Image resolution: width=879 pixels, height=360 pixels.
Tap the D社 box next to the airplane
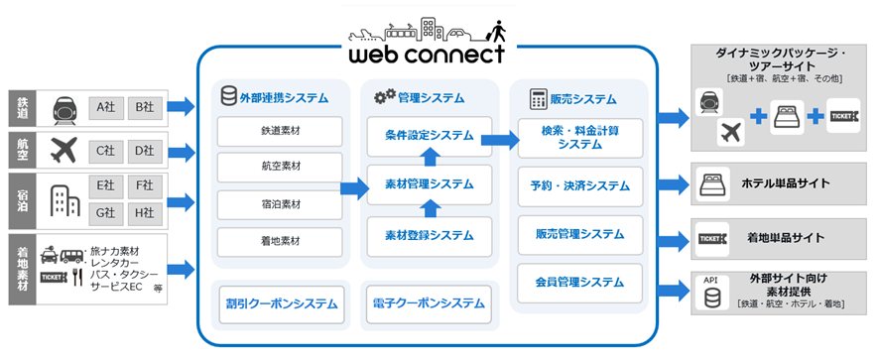click(x=145, y=151)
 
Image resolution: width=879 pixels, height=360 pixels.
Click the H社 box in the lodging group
click(x=145, y=211)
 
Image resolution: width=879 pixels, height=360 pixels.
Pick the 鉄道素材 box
click(x=279, y=131)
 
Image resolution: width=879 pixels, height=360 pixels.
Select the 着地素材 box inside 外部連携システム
click(x=279, y=241)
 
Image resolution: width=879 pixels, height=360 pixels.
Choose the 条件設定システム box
click(x=430, y=134)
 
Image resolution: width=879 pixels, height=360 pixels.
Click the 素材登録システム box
click(x=430, y=235)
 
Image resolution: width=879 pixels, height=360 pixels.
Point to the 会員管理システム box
click(x=580, y=283)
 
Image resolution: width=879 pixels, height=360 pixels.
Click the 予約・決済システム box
click(x=580, y=185)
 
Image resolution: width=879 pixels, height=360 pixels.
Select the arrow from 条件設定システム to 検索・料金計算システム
click(x=500, y=138)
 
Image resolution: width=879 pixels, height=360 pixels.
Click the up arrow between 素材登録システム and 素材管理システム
click(x=430, y=208)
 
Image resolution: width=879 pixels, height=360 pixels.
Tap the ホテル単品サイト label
click(x=785, y=183)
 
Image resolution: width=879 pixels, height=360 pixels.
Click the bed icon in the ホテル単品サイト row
click(x=712, y=183)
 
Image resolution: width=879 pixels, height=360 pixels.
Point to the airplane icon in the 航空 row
click(x=63, y=151)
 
